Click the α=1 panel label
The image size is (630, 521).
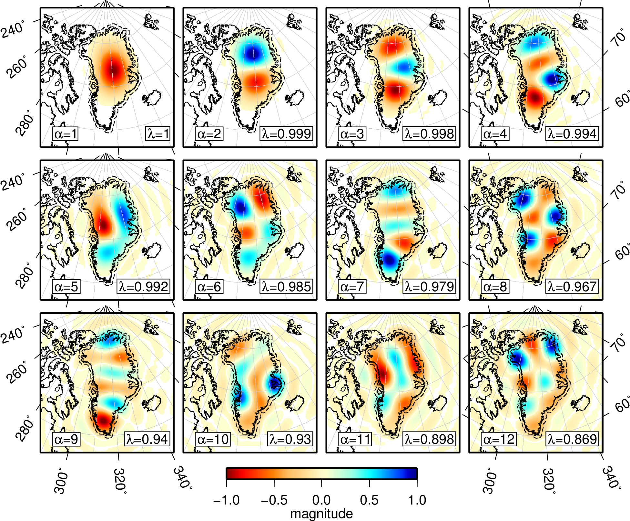click(65, 134)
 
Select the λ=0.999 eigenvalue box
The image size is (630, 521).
click(286, 134)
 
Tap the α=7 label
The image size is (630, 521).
click(352, 287)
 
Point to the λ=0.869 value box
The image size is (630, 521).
click(572, 439)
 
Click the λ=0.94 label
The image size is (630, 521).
click(147, 439)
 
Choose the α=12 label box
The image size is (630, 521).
click(498, 439)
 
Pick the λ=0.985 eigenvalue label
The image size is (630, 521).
click(286, 287)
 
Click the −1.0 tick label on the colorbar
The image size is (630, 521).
click(227, 500)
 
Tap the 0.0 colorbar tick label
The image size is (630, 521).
click(321, 500)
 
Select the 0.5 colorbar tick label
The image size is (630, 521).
click(369, 500)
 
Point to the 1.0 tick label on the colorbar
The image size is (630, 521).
click(417, 500)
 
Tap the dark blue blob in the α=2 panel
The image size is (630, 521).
click(252, 54)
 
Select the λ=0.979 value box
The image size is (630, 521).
click(429, 287)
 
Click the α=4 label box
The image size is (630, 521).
click(495, 134)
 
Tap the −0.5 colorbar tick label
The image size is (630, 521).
click(274, 500)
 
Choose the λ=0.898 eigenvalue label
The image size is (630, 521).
click(429, 439)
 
